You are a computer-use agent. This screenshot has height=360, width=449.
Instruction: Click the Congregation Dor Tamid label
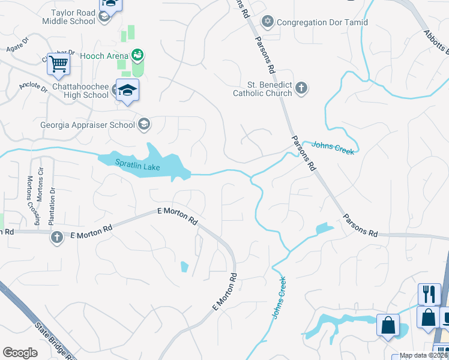[322, 22]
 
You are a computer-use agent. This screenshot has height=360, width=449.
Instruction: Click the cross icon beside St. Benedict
[301, 89]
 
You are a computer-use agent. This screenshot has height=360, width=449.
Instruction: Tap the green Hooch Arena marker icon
[138, 56]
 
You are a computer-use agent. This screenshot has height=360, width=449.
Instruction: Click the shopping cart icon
[58, 64]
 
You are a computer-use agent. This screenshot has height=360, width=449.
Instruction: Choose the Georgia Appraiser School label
[87, 125]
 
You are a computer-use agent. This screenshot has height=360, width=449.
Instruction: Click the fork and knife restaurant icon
[429, 294]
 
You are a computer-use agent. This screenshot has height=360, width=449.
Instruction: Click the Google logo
[20, 353]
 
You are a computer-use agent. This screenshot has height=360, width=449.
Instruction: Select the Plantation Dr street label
[53, 197]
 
